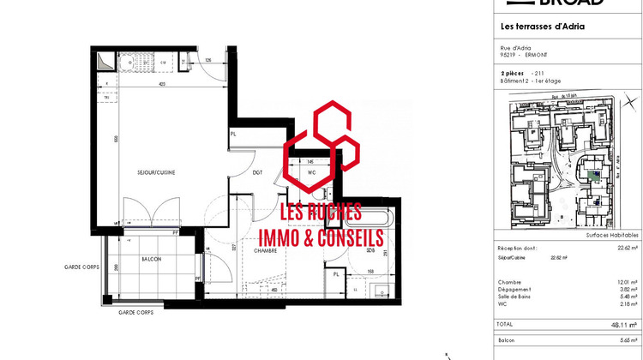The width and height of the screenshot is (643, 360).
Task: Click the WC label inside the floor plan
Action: [311, 171]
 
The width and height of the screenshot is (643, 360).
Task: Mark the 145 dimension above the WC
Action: [310, 161]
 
